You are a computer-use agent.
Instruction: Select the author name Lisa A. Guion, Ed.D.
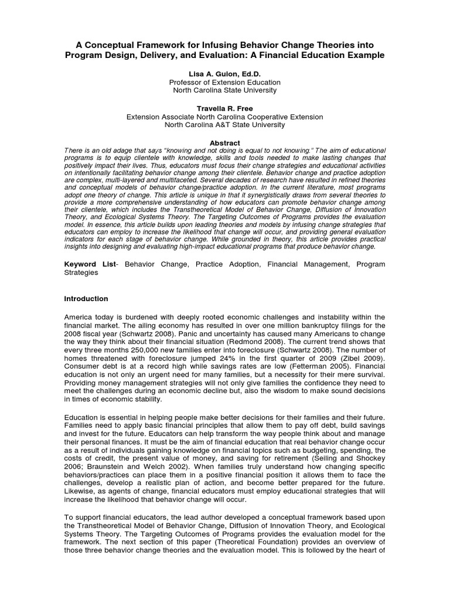224,74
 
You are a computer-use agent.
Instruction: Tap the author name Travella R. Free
224,108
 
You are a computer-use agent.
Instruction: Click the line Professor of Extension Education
224,83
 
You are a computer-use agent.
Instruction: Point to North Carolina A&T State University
224,125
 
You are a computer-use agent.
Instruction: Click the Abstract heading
224,143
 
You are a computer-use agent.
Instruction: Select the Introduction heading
86,299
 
